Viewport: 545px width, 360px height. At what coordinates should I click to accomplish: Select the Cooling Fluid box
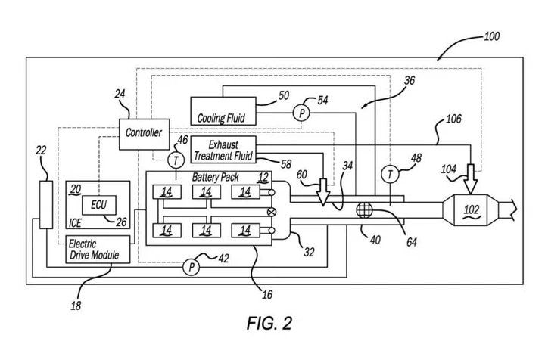pyautogui.click(x=223, y=110)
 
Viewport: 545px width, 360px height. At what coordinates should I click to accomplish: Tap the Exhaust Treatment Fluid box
pyautogui.click(x=223, y=150)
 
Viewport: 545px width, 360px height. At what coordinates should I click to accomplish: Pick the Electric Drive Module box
pyautogui.click(x=99, y=250)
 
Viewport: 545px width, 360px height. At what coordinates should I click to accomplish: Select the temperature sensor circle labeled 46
pyautogui.click(x=176, y=160)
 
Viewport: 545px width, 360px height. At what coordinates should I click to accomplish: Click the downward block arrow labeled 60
pyautogui.click(x=323, y=193)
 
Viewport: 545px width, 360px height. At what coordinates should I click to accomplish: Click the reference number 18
pyautogui.click(x=76, y=306)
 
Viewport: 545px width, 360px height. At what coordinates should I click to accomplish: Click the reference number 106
pyautogui.click(x=453, y=119)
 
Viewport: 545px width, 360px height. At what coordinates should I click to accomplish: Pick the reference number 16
pyautogui.click(x=268, y=295)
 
